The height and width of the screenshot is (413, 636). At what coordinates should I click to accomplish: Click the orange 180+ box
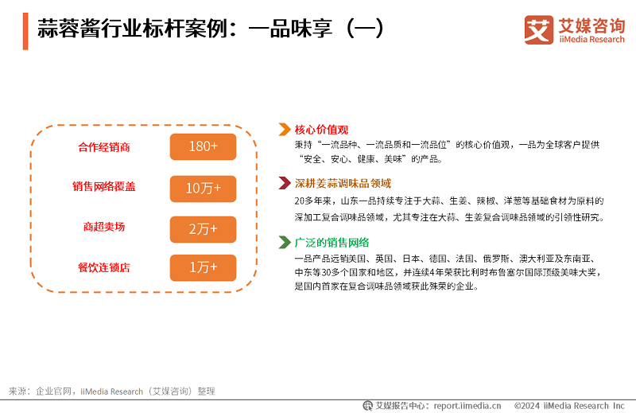click(x=203, y=146)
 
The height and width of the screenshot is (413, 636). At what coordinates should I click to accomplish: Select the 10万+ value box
click(x=203, y=189)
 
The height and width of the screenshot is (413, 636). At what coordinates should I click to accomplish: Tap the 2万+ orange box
click(x=203, y=229)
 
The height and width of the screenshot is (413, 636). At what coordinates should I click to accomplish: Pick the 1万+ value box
click(x=203, y=267)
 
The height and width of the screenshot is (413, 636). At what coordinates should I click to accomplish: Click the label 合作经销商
click(x=104, y=147)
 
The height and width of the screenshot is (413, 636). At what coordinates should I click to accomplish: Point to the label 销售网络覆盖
click(x=104, y=186)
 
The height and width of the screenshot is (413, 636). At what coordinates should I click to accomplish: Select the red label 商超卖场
click(x=104, y=227)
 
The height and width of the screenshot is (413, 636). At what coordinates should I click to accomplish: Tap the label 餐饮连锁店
click(x=104, y=267)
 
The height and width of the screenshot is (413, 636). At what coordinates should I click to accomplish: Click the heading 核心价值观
click(x=321, y=130)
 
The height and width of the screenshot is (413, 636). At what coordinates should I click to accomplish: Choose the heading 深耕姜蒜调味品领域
click(x=343, y=184)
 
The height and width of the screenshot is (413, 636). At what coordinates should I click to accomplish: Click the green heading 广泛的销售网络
click(x=332, y=243)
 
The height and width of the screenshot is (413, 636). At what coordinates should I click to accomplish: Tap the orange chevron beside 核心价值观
click(x=285, y=129)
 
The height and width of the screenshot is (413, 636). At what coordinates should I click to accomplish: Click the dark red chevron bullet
click(x=285, y=183)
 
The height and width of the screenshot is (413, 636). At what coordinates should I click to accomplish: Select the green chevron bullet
click(x=285, y=243)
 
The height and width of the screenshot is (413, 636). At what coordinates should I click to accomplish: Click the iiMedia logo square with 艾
click(x=539, y=29)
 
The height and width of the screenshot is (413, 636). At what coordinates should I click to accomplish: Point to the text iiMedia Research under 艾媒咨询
click(x=591, y=40)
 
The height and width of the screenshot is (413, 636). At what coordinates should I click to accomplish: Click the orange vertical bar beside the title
click(x=25, y=31)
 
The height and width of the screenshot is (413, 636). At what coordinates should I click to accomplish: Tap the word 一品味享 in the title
click(x=291, y=29)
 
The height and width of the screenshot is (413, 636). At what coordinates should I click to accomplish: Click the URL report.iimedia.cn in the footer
click(x=467, y=406)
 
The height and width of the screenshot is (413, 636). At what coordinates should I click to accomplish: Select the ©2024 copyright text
click(x=569, y=406)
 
